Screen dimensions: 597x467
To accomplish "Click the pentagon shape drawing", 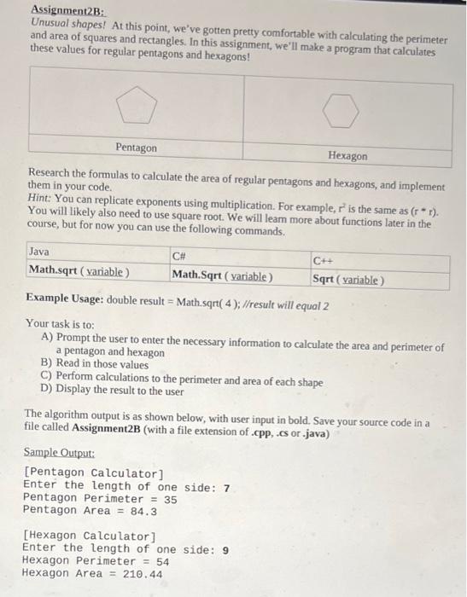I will [137, 107].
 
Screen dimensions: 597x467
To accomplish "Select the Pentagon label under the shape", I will [137, 148].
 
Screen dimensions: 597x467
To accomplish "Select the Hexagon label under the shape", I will [347, 156].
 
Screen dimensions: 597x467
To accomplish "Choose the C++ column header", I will [324, 261].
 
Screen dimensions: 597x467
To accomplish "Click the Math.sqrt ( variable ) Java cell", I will [79, 271].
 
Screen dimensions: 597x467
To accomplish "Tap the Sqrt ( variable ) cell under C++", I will [348, 279].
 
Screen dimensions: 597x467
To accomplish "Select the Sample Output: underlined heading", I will [59, 455].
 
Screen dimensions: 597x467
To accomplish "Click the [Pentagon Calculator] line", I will [93, 472].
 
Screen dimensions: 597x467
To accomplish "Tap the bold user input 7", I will [226, 488].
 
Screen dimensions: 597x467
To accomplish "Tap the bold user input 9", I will [225, 550].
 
